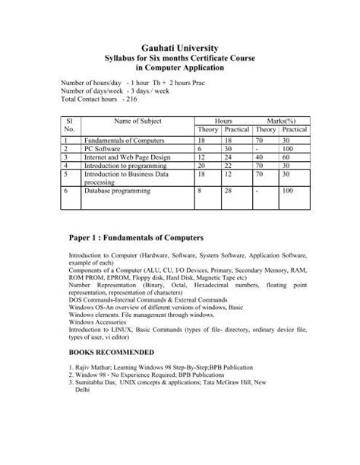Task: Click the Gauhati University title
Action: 180,47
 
